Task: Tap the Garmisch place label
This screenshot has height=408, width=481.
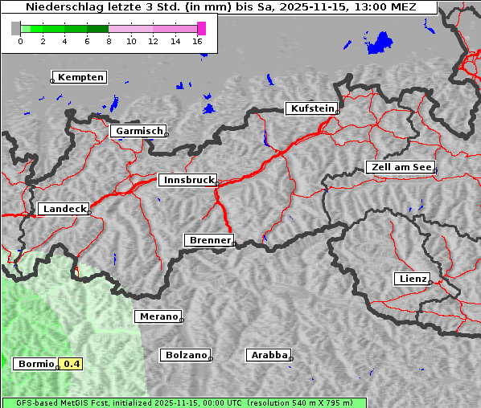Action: pos(139,131)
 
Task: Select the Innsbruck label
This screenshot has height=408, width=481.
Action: pos(188,181)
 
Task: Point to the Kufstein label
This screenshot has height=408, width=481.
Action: pos(311,108)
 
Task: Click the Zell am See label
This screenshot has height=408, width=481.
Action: pos(400,167)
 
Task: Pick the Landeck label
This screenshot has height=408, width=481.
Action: pos(64,209)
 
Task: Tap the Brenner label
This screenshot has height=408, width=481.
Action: pos(210,240)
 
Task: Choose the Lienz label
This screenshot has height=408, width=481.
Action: pos(412,279)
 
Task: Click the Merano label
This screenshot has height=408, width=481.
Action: pos(158,316)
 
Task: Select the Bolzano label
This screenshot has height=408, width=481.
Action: pos(186,355)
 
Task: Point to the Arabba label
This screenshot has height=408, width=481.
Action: pos(269,355)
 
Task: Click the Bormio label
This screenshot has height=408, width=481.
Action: pos(36,364)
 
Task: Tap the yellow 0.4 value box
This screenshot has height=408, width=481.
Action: pos(72,364)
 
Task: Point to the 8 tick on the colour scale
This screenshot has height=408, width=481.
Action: pos(109,41)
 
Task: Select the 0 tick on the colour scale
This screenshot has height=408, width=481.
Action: pos(19,41)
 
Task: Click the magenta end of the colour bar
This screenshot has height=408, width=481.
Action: pos(201,28)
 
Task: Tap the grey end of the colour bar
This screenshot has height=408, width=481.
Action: pos(15,28)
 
